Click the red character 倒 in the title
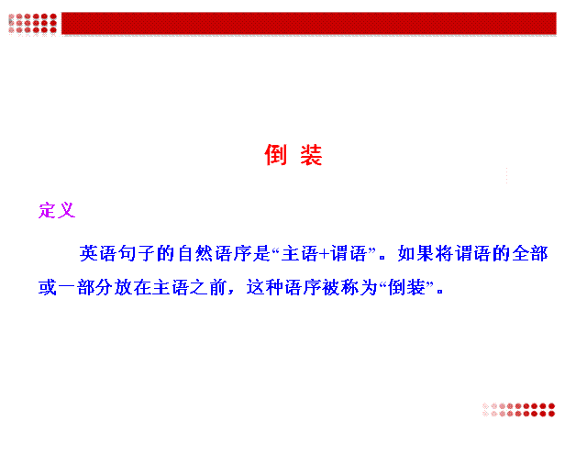pos(275,155)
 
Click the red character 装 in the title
pos(311,155)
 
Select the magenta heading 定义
pos(57,210)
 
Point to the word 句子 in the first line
pos(137,254)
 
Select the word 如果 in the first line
pos(415,254)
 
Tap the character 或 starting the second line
pos(48,287)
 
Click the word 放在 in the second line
pos(133,287)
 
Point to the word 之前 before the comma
pos(209,287)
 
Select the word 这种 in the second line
pos(265,287)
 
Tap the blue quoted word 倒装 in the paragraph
pos(406,287)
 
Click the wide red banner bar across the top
pos(309,23)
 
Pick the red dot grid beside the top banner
pos(33,23)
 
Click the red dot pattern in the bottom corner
pos(518,410)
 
